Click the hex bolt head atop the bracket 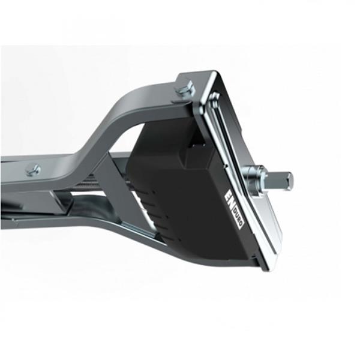pos(185,90)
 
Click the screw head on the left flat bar pos(34,170)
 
